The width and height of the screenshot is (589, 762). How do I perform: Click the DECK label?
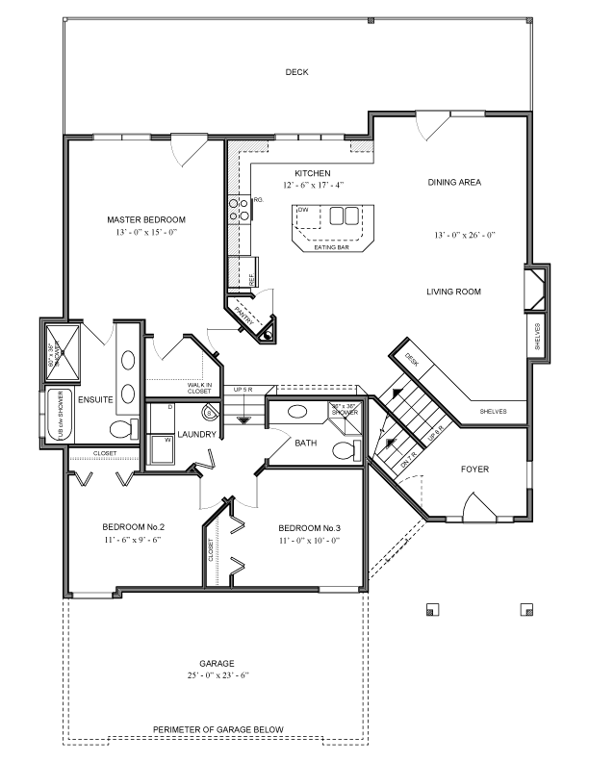[296, 72]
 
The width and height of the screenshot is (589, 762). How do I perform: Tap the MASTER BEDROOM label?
[145, 219]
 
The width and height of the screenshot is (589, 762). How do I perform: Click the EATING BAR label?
[330, 247]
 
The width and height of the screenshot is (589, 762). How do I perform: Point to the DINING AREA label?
[454, 181]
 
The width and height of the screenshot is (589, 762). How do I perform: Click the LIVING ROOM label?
[454, 291]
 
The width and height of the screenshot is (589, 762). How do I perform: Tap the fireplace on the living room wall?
[535, 288]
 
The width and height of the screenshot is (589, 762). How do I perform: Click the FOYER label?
[474, 470]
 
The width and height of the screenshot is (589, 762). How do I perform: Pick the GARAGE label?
[217, 663]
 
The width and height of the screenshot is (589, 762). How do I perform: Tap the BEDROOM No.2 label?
[134, 526]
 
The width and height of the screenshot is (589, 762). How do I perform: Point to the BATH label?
[306, 444]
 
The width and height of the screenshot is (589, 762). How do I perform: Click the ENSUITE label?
[96, 398]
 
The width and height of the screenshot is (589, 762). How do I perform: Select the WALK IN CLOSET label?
[199, 388]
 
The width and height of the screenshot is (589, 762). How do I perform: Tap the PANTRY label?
[244, 317]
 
